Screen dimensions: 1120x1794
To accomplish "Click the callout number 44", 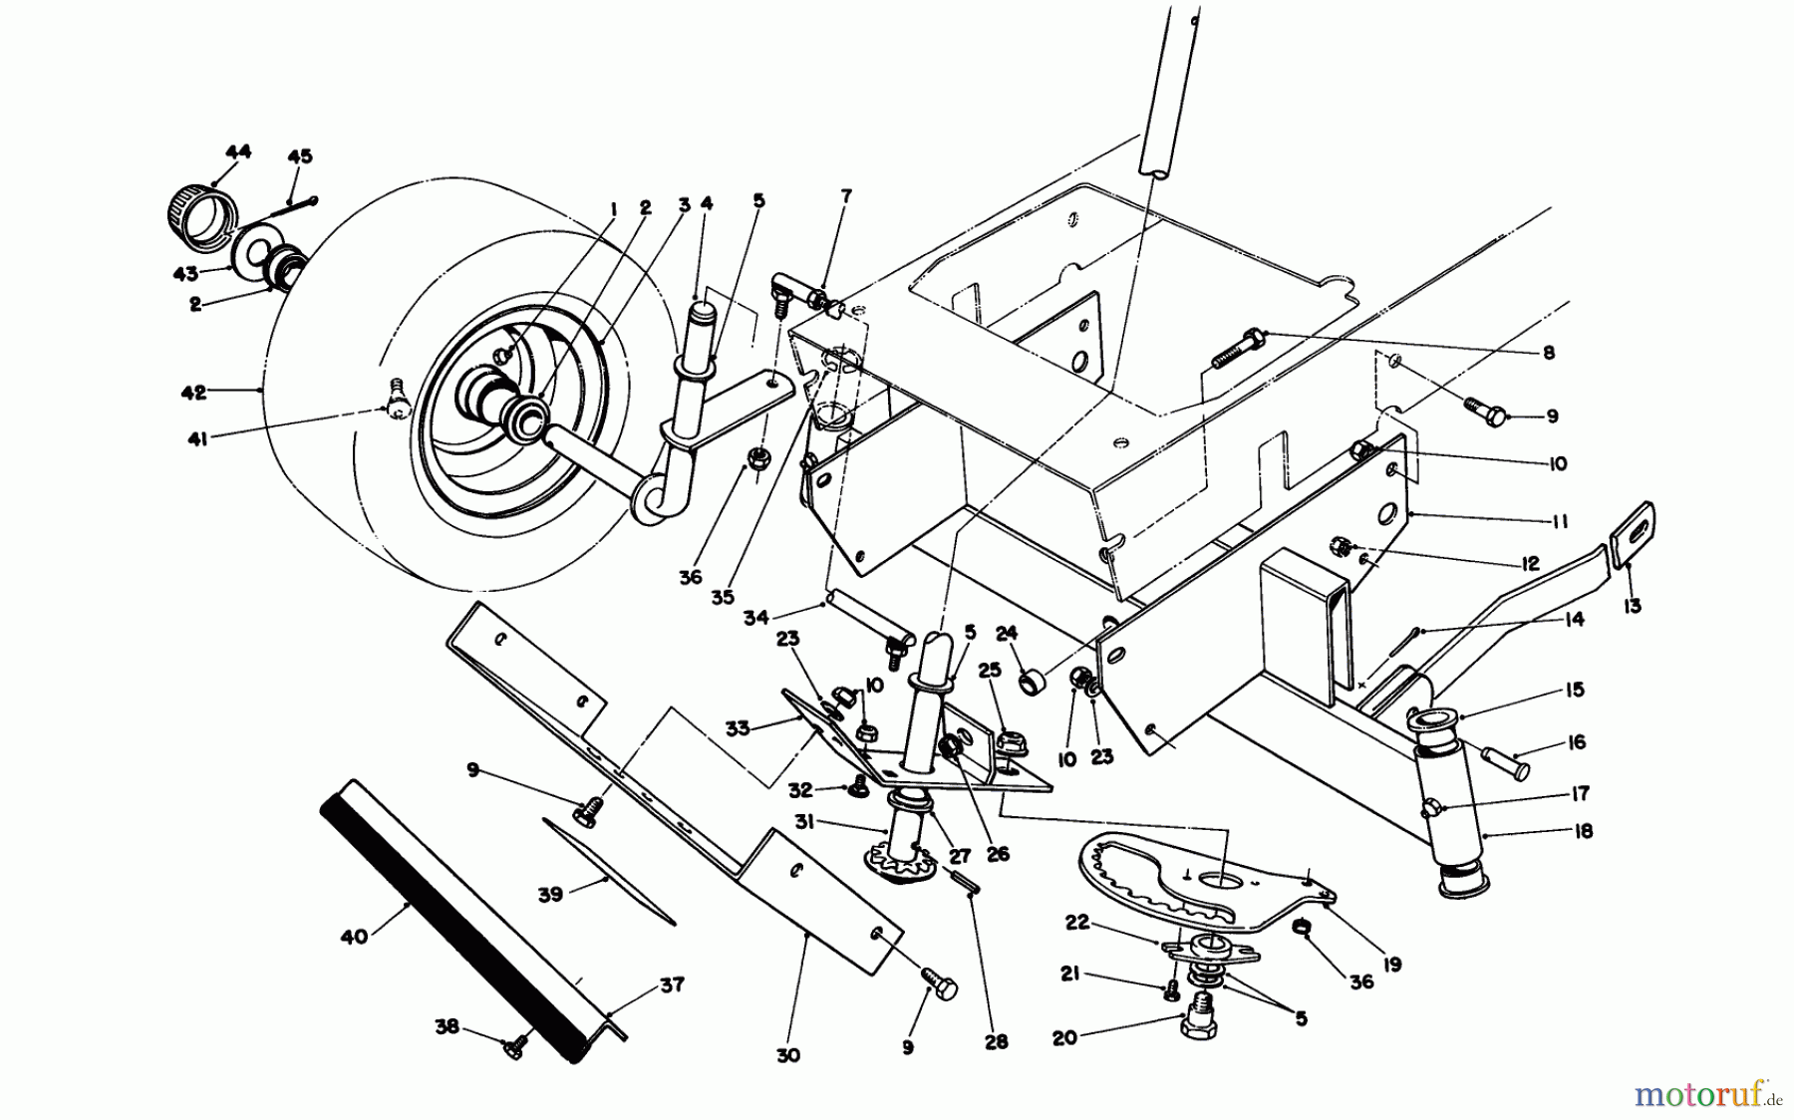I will coord(237,151).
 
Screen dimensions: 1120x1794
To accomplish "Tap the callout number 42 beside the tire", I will coord(193,393).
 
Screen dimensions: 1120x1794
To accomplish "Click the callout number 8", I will coord(1548,353).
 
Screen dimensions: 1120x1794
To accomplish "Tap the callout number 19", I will coord(1392,964).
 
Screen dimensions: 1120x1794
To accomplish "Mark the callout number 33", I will coord(738,727).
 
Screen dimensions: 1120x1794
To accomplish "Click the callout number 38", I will coord(447,1026).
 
